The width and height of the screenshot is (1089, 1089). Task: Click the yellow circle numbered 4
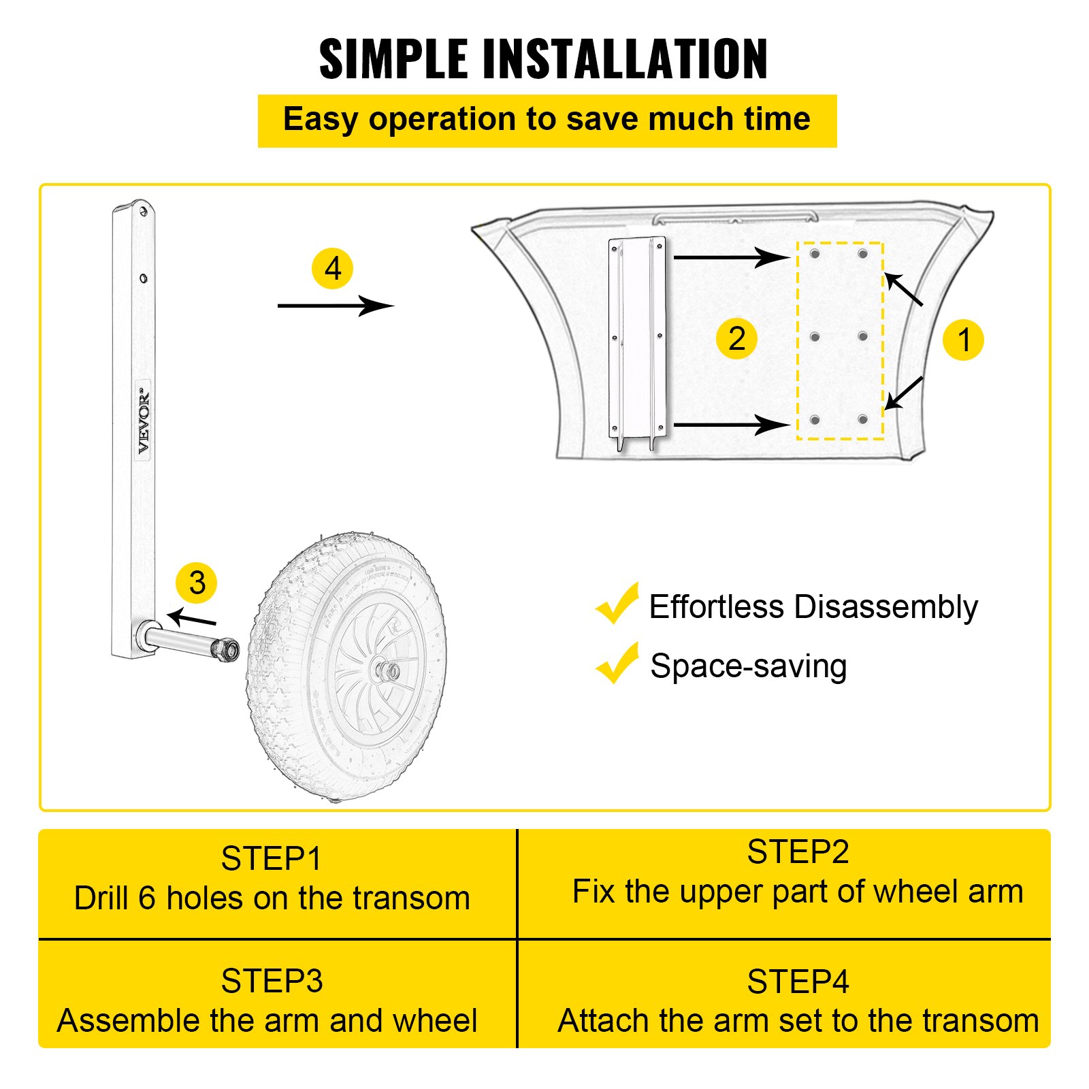pyautogui.click(x=332, y=269)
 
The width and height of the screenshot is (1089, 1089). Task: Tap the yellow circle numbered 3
pyautogui.click(x=197, y=583)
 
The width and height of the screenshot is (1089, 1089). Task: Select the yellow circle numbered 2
pyautogui.click(x=736, y=338)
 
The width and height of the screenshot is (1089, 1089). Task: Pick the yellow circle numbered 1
pyautogui.click(x=963, y=340)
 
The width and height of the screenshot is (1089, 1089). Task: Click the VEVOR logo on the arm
pyautogui.click(x=144, y=421)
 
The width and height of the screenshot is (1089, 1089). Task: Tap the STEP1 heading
pyautogui.click(x=271, y=859)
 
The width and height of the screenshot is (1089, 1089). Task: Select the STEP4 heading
pyautogui.click(x=798, y=982)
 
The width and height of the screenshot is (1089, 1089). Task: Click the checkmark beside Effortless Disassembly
pyautogui.click(x=617, y=604)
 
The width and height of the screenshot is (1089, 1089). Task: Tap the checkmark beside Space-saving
pyautogui.click(x=617, y=664)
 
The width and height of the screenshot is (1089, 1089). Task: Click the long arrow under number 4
pyautogui.click(x=335, y=306)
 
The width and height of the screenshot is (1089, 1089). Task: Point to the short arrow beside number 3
pyautogui.click(x=192, y=618)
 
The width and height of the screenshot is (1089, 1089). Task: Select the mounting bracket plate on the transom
pyautogui.click(x=637, y=340)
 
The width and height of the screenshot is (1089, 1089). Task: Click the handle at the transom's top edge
pyautogui.click(x=735, y=216)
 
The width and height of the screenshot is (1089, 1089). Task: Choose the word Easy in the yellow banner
pyautogui.click(x=320, y=120)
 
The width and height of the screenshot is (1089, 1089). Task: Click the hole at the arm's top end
pyautogui.click(x=143, y=212)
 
